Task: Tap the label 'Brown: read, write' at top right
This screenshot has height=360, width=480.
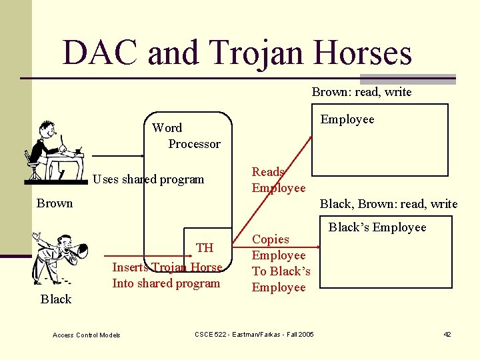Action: click(x=361, y=92)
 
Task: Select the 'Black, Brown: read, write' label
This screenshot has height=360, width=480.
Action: click(x=389, y=204)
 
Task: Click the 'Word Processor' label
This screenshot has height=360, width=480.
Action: click(x=186, y=135)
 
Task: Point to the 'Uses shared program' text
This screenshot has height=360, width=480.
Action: click(x=148, y=179)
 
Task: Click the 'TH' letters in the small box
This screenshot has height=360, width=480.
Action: click(x=205, y=248)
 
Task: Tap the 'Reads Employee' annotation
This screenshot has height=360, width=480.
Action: click(x=278, y=180)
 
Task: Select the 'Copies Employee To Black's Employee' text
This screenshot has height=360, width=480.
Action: click(x=281, y=263)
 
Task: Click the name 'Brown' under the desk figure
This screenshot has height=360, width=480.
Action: click(x=55, y=203)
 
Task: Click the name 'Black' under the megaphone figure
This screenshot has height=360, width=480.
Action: click(x=56, y=299)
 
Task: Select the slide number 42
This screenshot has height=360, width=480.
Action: click(x=447, y=334)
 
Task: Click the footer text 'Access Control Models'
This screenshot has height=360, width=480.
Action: click(x=87, y=335)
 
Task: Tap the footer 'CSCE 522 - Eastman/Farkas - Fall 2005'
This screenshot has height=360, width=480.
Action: click(x=254, y=334)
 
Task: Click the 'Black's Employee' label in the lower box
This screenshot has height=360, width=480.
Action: click(x=377, y=227)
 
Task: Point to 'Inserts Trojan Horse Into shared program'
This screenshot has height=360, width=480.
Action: click(x=167, y=275)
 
